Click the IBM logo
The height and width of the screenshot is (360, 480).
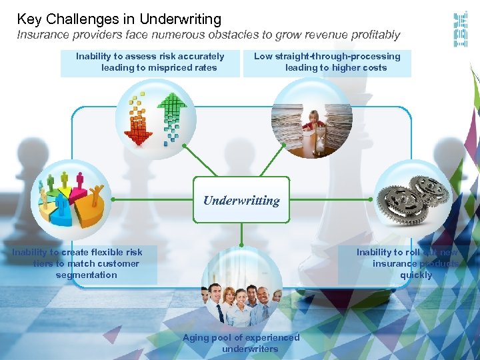[459, 29]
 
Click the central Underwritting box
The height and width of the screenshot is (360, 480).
[241, 200]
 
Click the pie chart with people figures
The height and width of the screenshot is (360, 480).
[70, 201]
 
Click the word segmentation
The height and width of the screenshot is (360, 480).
[86, 275]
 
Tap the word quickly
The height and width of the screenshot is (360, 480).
[416, 275]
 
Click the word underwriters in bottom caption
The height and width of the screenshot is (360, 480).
[250, 349]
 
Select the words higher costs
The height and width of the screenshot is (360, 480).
[363, 67]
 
